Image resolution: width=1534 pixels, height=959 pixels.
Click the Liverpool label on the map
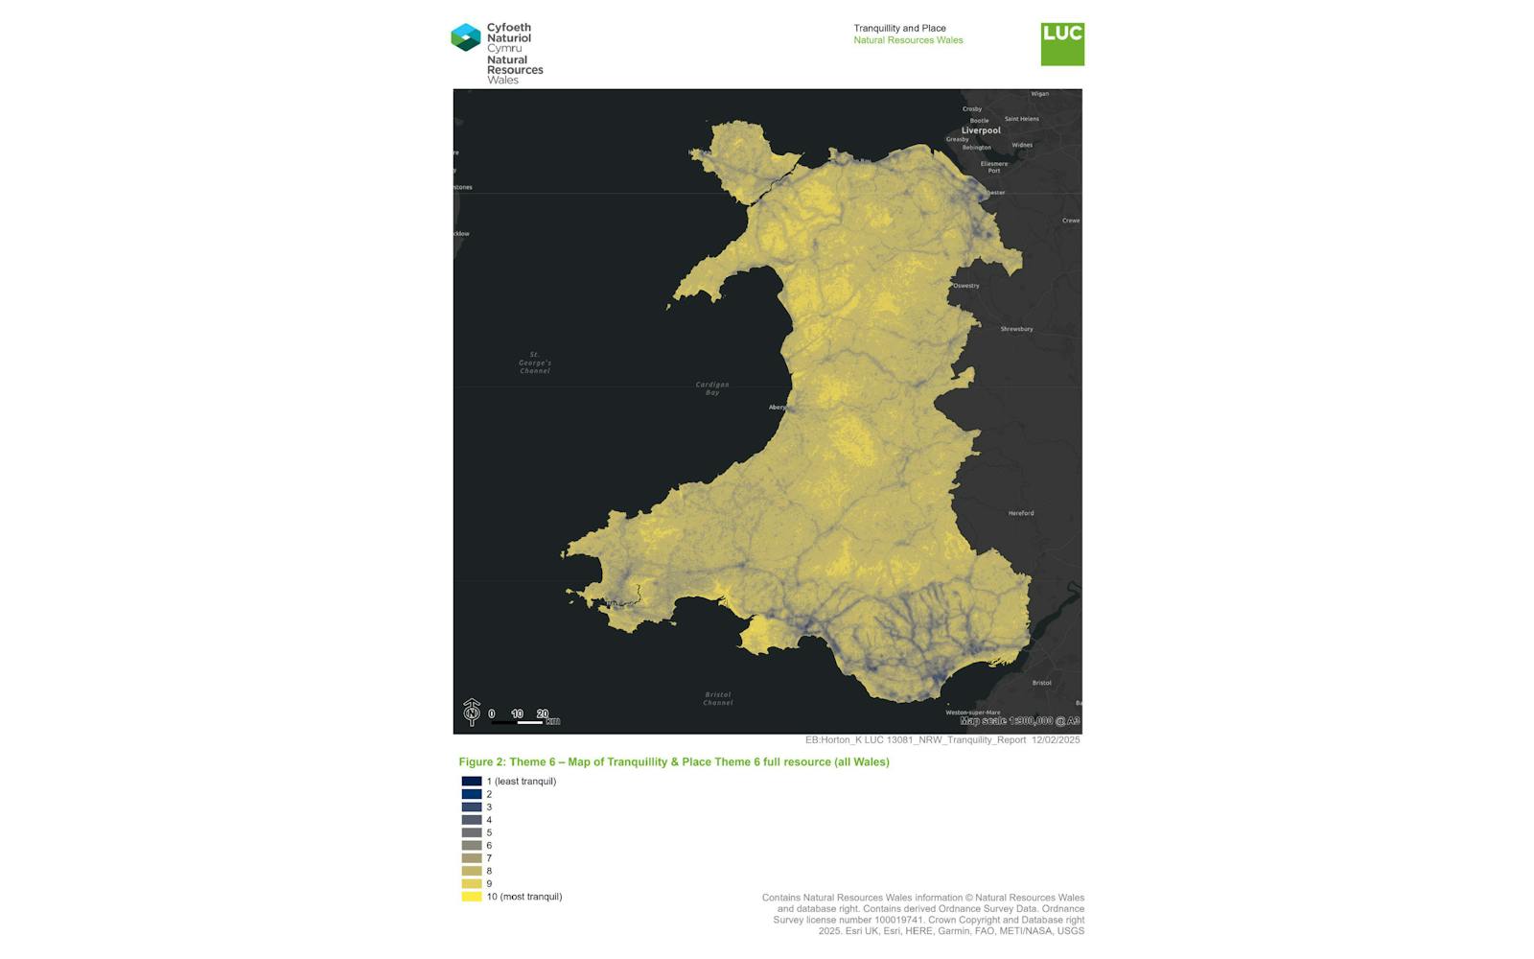point(981,130)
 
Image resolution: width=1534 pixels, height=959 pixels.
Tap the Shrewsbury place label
point(1016,329)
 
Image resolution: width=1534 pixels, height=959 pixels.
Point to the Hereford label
point(1020,513)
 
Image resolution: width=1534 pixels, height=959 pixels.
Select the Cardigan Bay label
point(712,388)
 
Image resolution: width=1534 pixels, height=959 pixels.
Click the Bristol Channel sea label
point(718,698)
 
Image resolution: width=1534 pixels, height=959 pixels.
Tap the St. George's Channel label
point(535,363)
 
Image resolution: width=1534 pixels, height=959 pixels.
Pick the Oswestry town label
point(966,286)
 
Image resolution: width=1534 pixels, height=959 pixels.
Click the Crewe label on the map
point(1071,221)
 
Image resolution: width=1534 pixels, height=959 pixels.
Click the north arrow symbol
point(471,711)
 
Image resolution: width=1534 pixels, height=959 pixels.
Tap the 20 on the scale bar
point(543,713)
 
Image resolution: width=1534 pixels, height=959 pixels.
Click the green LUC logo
point(1062,44)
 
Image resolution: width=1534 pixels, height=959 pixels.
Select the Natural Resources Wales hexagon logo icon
point(466,37)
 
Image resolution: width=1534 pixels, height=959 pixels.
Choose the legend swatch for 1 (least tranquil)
point(471,782)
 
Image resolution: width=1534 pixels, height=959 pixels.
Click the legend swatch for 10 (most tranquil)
point(471,897)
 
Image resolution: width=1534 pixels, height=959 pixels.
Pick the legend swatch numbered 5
point(471,832)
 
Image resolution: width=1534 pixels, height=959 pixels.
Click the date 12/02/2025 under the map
point(1056,740)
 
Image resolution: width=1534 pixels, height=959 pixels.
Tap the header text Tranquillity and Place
point(899,29)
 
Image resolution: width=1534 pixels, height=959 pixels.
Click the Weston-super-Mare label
point(972,713)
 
